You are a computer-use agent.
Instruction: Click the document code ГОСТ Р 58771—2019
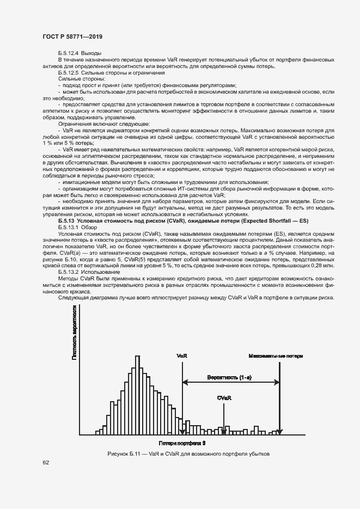(x=72, y=36)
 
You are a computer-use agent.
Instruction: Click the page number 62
(x=46, y=462)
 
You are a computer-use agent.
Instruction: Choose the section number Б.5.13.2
(x=68, y=272)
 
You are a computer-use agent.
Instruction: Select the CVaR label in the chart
(x=224, y=398)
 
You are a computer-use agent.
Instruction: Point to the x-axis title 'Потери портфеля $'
(x=182, y=444)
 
